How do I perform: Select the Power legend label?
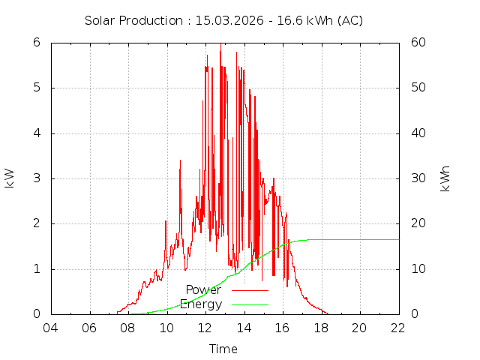tap(203, 289)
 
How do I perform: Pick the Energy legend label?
tap(201, 304)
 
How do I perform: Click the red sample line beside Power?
tap(250, 289)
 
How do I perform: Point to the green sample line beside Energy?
tap(250, 304)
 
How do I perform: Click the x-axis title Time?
tap(223, 349)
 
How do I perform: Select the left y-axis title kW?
tap(10, 178)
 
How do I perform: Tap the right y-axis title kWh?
tap(445, 178)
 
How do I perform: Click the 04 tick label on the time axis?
tap(51, 328)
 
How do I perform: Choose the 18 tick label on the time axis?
tap(321, 328)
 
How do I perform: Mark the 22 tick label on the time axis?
tap(398, 328)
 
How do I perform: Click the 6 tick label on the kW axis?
tap(36, 43)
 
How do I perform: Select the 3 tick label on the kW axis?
tap(36, 178)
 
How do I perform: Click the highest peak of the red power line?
tap(220, 43)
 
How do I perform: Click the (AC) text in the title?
tap(349, 20)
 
